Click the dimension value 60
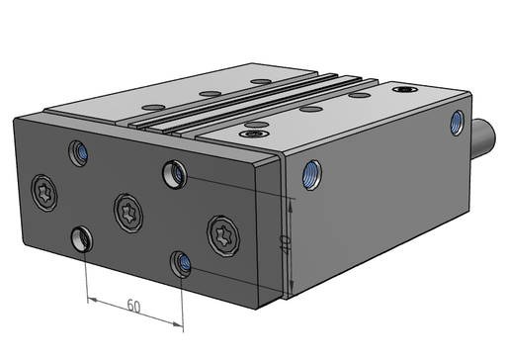133,306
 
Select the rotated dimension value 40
285,244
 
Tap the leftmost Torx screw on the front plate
44,193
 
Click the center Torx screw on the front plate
128,214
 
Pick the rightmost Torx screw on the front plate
223,235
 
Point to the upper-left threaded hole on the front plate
78,153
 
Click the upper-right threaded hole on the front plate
174,174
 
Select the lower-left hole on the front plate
82,238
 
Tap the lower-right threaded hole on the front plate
181,264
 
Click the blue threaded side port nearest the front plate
311,175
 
